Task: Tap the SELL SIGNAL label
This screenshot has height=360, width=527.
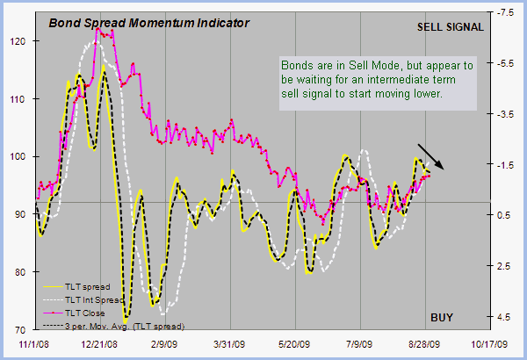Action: (x=450, y=26)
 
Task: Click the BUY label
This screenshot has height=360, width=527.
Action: (x=443, y=316)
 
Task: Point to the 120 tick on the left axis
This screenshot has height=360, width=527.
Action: (x=18, y=40)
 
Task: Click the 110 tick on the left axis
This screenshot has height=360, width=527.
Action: (x=18, y=98)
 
